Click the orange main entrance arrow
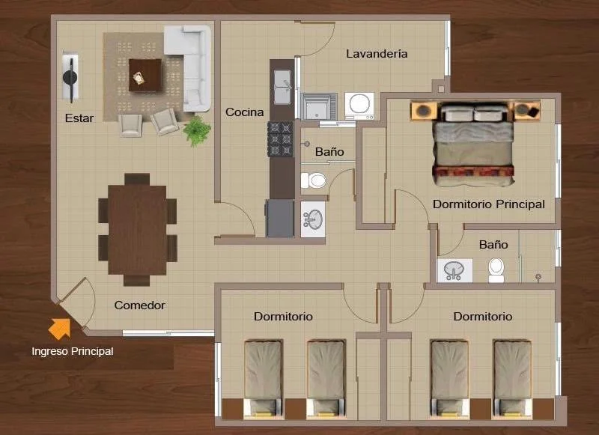60,329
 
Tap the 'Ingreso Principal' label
73,351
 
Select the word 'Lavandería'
377,54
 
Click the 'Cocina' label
245,112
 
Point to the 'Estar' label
79,118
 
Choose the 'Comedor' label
140,305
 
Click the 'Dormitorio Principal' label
489,204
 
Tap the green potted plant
197,130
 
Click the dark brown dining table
137,230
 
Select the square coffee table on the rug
145,75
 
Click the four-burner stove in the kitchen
280,139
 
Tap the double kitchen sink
282,87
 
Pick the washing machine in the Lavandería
359,106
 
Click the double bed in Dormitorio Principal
474,144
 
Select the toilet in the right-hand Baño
496,270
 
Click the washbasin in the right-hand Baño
454,270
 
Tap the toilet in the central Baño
313,180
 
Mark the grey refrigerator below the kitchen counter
280,218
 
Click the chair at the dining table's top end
137,179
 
